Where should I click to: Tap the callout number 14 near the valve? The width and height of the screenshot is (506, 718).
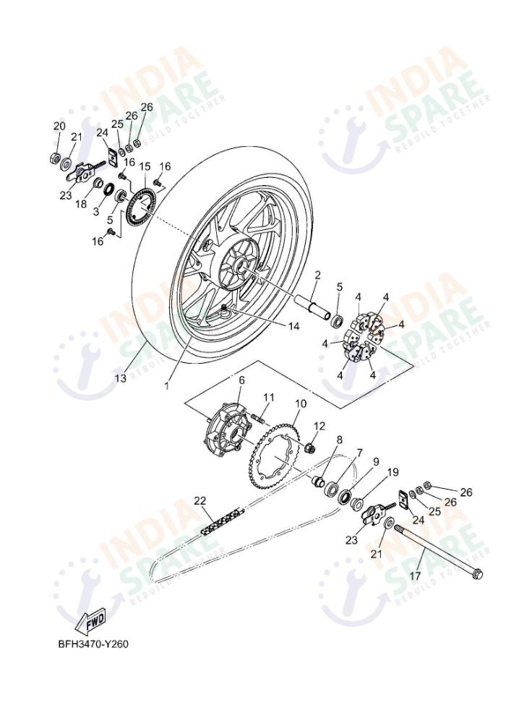point(293,326)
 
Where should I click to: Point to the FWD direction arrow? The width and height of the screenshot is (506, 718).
point(92,620)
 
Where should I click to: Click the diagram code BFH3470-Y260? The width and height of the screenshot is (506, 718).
point(93,644)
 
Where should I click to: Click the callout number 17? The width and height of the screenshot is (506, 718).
point(414,576)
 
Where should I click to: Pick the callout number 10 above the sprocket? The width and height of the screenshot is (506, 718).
point(300,403)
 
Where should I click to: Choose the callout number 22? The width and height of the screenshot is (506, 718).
point(200,500)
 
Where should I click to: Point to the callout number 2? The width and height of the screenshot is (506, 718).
point(317,275)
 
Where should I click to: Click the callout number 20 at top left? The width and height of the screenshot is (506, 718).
point(59,126)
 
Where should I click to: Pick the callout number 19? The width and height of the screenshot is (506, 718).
point(393,472)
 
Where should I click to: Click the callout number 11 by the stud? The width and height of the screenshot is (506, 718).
point(268,397)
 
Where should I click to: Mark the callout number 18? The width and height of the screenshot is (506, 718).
point(80,205)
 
